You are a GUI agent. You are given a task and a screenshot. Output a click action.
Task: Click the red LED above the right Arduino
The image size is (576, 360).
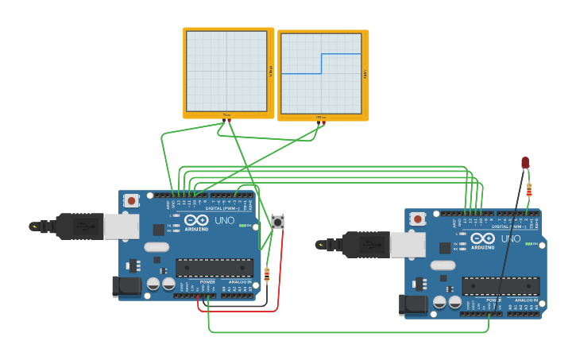pyautogui.click(x=525, y=162)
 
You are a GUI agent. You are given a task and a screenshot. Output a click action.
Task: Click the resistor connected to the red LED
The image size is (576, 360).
pyautogui.click(x=529, y=189)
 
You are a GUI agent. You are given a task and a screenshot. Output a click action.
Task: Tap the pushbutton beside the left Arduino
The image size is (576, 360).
pyautogui.click(x=277, y=222)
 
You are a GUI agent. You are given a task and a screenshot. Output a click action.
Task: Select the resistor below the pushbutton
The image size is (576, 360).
pyautogui.click(x=266, y=275)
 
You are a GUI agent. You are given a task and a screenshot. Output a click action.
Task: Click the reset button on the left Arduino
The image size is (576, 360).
pyautogui.click(x=132, y=200)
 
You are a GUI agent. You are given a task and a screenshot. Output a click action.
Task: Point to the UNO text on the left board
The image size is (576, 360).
pyautogui.click(x=223, y=220)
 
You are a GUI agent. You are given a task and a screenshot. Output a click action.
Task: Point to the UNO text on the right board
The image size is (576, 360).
pyautogui.click(x=510, y=239)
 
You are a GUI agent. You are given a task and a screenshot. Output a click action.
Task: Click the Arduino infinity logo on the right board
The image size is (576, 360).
pyautogui.click(x=482, y=238)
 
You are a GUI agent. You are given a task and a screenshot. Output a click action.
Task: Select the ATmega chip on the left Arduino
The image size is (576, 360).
pyautogui.click(x=215, y=268)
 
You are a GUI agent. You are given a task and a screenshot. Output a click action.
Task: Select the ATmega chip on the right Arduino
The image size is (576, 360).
pyautogui.click(x=501, y=286)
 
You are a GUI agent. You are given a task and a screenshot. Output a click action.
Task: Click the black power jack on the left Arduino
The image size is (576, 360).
pyautogui.click(x=126, y=286)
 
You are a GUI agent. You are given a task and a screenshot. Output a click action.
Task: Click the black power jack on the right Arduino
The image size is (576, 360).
pyautogui.click(x=412, y=304)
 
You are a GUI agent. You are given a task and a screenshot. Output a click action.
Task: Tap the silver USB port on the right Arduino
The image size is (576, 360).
pyautogui.click(x=408, y=245)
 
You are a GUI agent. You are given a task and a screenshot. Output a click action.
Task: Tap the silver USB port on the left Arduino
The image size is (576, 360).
pyautogui.click(x=122, y=226)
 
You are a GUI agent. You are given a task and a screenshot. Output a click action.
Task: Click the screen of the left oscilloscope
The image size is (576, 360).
pyautogui.click(x=226, y=72)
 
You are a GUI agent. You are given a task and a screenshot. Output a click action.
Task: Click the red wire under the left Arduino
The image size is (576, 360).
pyautogui.click(x=238, y=311)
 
